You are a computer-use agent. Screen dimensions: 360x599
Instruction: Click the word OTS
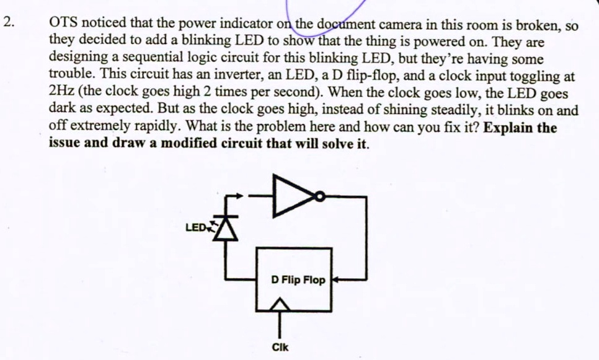click(x=64, y=24)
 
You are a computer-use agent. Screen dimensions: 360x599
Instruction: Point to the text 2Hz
click(x=62, y=94)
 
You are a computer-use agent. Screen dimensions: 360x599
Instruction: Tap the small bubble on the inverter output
click(x=319, y=198)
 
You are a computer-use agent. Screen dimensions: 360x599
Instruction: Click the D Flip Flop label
click(x=298, y=280)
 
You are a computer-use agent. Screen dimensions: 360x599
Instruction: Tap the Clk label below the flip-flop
click(x=280, y=348)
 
